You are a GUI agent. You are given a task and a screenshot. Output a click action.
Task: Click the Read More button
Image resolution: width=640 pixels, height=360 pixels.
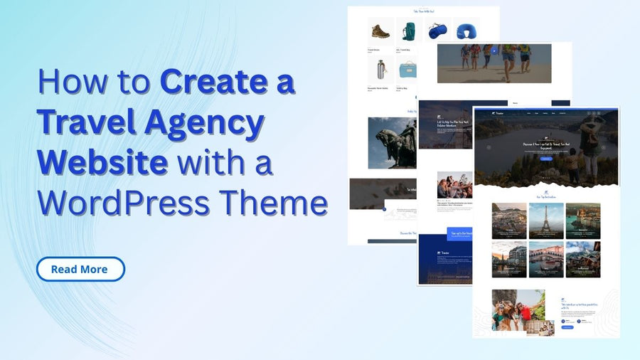click(x=80, y=269)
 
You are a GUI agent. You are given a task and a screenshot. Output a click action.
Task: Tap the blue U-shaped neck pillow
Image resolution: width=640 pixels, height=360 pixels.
click(x=466, y=31)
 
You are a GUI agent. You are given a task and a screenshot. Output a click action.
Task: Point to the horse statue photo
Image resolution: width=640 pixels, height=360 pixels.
click(x=392, y=143)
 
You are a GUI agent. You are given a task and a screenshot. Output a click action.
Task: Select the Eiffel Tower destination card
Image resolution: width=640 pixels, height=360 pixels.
click(x=545, y=220)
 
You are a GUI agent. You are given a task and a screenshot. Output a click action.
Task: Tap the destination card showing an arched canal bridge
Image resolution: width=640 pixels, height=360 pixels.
click(x=545, y=259)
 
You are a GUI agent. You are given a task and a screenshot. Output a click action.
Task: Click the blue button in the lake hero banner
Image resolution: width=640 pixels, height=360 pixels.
click(x=545, y=158)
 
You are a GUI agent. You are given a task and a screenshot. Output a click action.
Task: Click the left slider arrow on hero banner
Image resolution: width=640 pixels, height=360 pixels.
click(x=489, y=147)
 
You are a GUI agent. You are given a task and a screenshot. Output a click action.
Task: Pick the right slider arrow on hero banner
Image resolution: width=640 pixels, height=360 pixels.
click(x=603, y=147)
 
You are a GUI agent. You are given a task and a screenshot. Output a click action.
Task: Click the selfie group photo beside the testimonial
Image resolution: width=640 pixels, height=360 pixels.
click(x=518, y=311)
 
